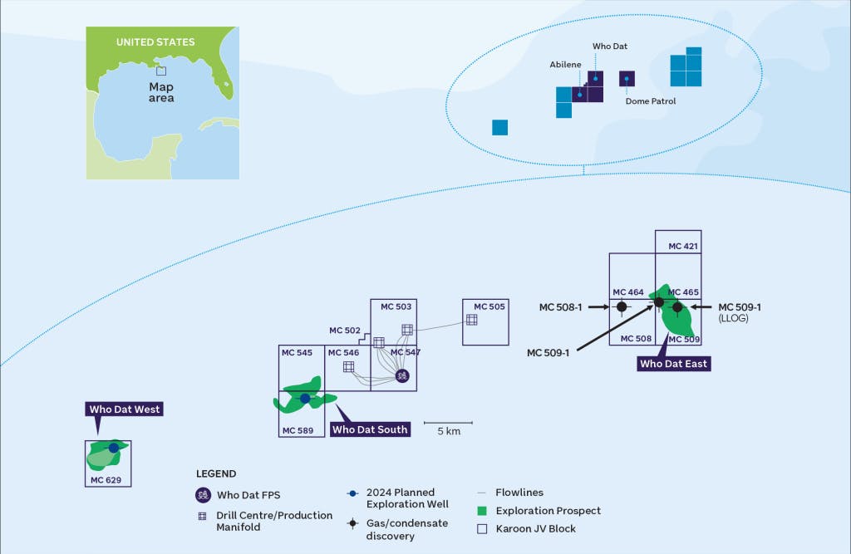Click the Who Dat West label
coord(125,409)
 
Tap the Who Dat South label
coord(370,429)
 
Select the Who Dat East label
coord(674,364)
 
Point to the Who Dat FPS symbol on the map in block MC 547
coord(402,375)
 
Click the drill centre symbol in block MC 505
coord(471,320)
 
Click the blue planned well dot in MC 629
coord(114,448)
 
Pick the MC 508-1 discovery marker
coord(621,307)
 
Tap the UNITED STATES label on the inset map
coord(155,42)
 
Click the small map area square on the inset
coord(161,71)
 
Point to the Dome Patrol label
coord(651,101)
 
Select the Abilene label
coord(565,64)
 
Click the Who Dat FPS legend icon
coord(203,495)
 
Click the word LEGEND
coord(216,473)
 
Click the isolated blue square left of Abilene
coord(499,127)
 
